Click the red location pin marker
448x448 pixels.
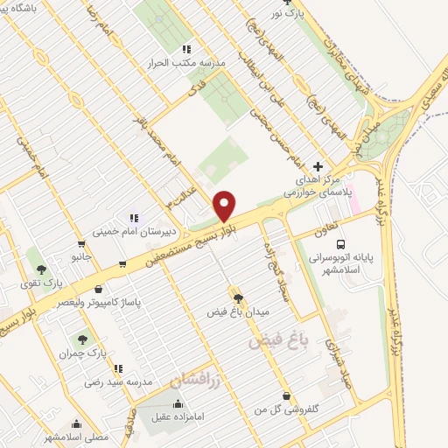[x=225, y=205]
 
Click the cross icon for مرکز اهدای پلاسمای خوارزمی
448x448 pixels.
[x=318, y=165]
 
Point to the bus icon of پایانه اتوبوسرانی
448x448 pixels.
[x=340, y=246]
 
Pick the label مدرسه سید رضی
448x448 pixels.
[x=118, y=382]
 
